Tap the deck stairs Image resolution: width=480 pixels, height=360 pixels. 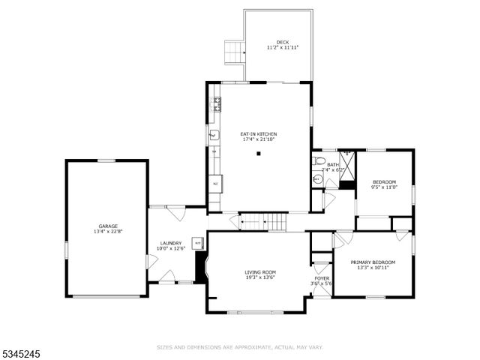click(x=235, y=52)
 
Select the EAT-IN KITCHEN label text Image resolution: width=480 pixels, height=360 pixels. click(x=259, y=133)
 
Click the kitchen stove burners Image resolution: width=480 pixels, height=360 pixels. click(x=217, y=104)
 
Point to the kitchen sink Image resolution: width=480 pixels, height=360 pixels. click(x=214, y=136)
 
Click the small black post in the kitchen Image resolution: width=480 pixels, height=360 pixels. click(x=259, y=154)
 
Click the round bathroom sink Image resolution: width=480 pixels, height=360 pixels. click(x=316, y=179)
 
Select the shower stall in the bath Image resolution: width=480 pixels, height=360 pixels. click(x=347, y=158)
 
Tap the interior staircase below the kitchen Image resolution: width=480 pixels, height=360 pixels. click(x=263, y=221)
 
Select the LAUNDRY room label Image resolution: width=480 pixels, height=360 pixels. click(x=170, y=243)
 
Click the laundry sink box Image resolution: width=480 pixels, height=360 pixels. click(x=197, y=242)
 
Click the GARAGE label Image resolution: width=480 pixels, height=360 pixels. click(x=108, y=226)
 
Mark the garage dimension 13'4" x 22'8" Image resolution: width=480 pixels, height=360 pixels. click(x=108, y=232)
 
